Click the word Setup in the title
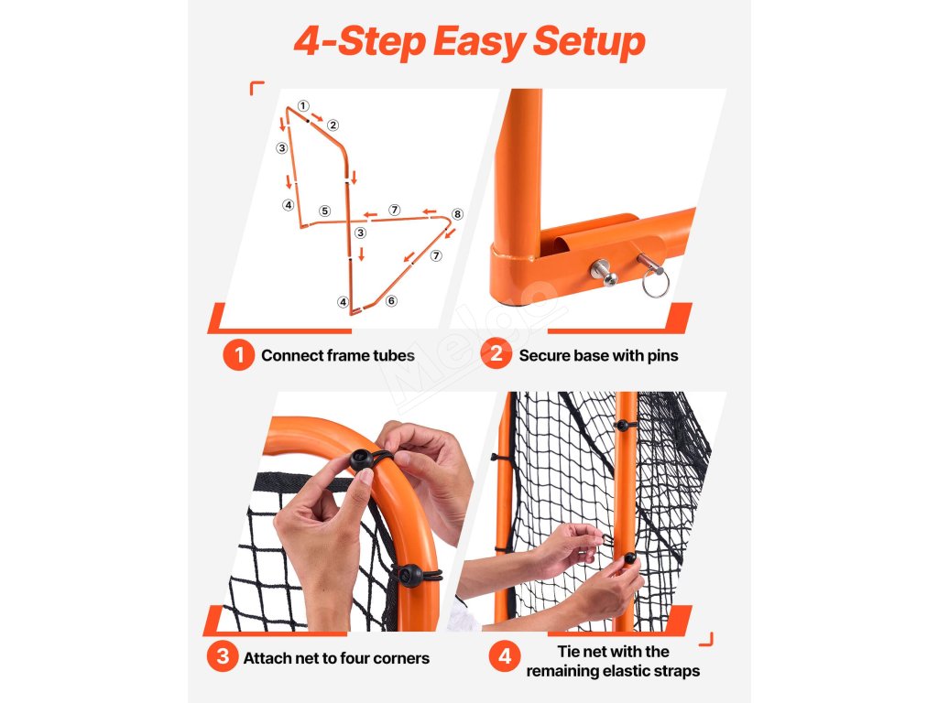[589, 42]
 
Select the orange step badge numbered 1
[239, 355]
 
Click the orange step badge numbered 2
[496, 354]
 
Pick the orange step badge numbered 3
[223, 656]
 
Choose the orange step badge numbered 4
[505, 656]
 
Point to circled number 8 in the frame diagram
[458, 214]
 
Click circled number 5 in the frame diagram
[324, 211]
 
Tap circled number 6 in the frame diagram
[391, 300]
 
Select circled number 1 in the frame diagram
[303, 106]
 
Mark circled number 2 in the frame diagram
[333, 124]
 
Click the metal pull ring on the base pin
[656, 283]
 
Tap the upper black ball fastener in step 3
[361, 460]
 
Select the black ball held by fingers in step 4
[629, 559]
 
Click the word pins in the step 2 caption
[663, 356]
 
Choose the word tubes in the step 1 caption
[394, 356]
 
